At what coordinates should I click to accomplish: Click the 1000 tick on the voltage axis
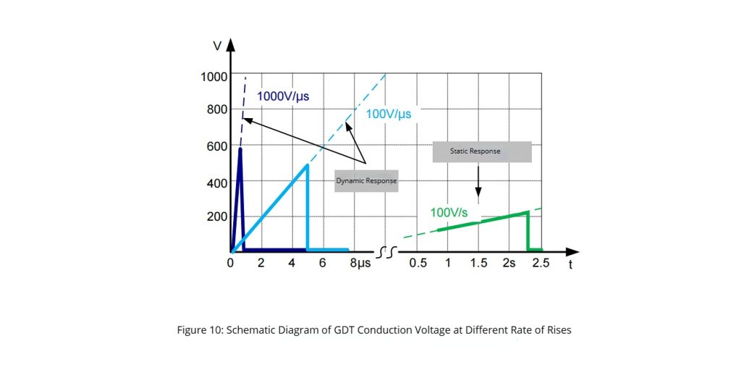215,76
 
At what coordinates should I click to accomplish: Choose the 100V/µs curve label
389,114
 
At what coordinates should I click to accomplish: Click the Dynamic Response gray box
366,180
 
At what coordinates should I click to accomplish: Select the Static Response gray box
481,151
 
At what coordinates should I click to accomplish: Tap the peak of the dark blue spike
239,148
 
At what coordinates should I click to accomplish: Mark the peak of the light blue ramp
308,165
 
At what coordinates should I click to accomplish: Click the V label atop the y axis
218,45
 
